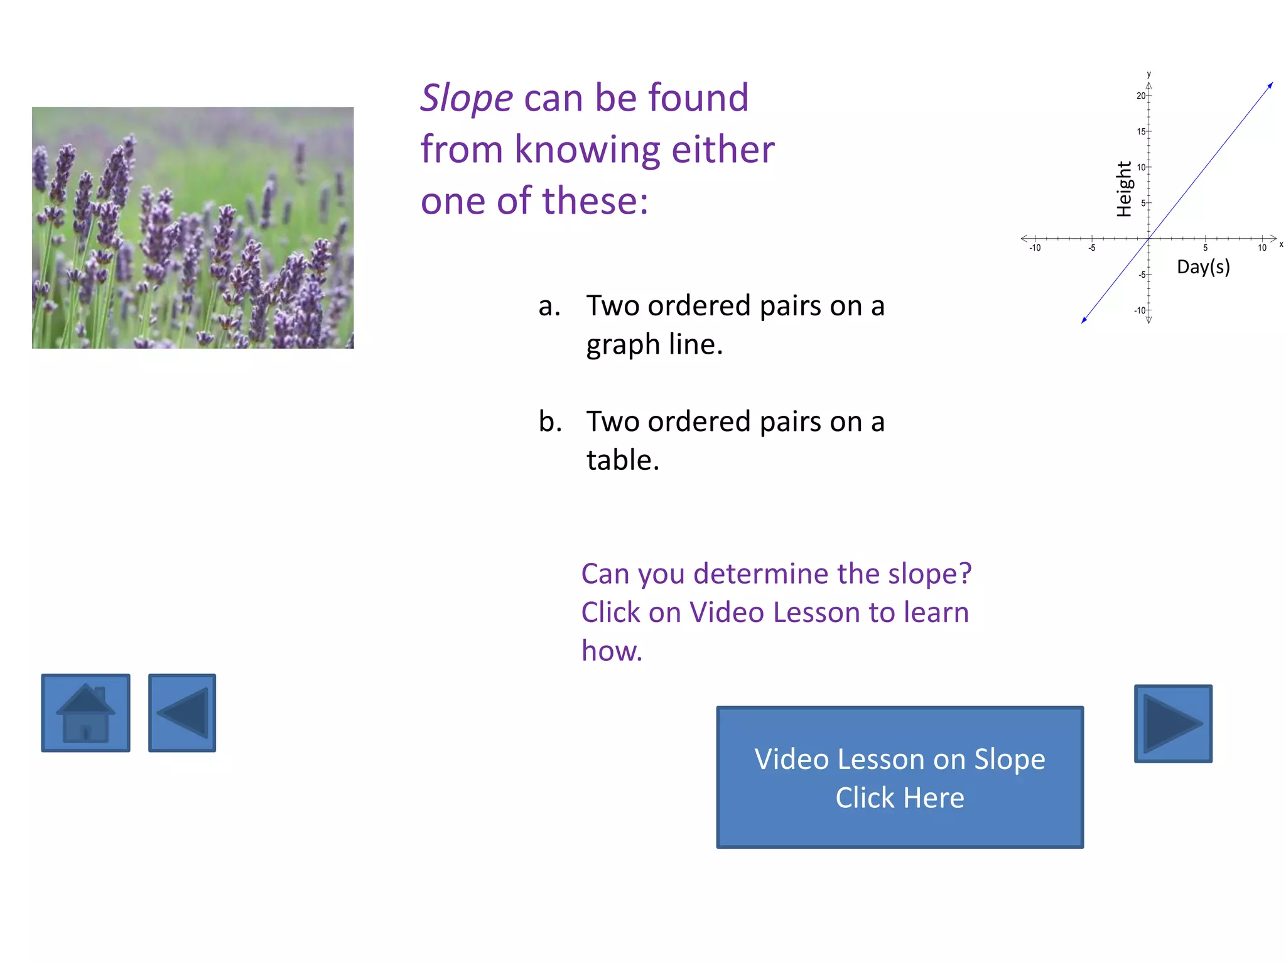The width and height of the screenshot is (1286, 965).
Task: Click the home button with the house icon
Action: (x=85, y=713)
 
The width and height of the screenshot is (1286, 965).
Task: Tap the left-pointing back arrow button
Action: (x=182, y=713)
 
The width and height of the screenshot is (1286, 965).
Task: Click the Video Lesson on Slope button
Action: (x=900, y=777)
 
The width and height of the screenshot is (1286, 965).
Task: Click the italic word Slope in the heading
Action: (x=467, y=98)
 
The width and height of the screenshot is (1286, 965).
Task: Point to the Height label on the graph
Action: (x=1124, y=189)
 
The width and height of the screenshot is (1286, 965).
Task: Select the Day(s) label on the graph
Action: (x=1203, y=267)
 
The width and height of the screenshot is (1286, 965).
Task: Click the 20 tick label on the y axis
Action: (x=1140, y=96)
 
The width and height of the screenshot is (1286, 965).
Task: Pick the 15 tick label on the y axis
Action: (x=1140, y=132)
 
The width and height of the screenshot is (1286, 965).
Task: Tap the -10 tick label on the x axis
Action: (x=1035, y=248)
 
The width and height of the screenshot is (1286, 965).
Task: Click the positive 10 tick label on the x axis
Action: (x=1262, y=248)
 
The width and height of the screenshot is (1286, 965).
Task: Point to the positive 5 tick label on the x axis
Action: (x=1205, y=248)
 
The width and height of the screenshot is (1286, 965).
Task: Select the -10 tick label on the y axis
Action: (x=1139, y=310)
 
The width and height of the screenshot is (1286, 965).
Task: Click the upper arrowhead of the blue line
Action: (x=1270, y=85)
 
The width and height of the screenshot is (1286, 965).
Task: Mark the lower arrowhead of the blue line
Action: (x=1084, y=320)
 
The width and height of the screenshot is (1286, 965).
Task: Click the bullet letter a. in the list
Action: (x=549, y=306)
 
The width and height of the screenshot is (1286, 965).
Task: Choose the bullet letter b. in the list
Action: (x=550, y=422)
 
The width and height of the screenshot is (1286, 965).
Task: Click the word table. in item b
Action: (x=623, y=460)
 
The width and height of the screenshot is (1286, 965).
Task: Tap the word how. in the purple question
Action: (x=612, y=651)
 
